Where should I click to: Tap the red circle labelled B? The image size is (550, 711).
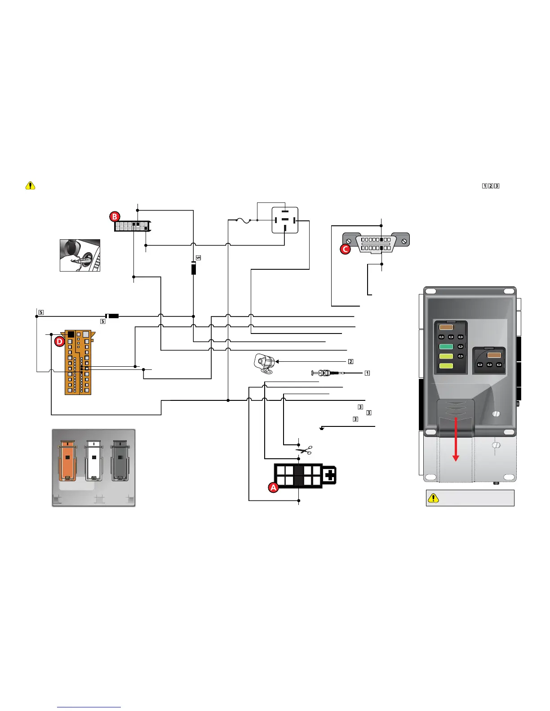tap(115, 216)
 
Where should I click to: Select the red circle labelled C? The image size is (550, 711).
tap(345, 249)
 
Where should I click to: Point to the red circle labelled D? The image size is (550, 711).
tap(59, 342)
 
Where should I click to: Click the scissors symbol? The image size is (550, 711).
tap(303, 450)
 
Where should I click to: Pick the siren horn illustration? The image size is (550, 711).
tap(263, 363)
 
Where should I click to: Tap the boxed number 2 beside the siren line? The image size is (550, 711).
tap(350, 361)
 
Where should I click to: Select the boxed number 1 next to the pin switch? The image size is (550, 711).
tap(367, 373)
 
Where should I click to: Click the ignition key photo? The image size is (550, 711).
tap(80, 255)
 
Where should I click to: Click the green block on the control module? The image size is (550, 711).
tap(446, 347)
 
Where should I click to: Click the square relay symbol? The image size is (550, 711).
tap(285, 220)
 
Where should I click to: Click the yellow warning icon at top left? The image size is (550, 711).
tap(30, 185)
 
